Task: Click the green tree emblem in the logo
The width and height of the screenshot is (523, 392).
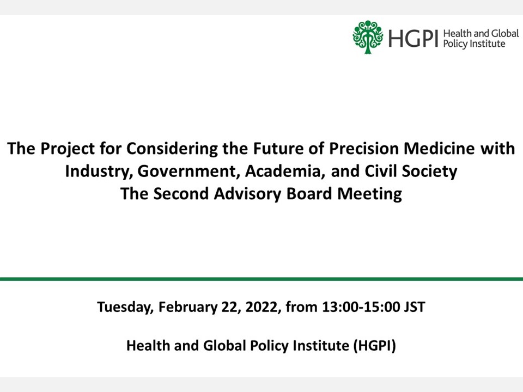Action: (368, 37)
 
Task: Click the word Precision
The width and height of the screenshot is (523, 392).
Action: (364, 148)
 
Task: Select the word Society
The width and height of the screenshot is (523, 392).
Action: (430, 171)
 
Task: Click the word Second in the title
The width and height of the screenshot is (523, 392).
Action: (181, 194)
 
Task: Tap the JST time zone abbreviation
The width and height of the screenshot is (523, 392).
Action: (415, 307)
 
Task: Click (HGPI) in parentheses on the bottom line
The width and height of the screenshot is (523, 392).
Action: (375, 346)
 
